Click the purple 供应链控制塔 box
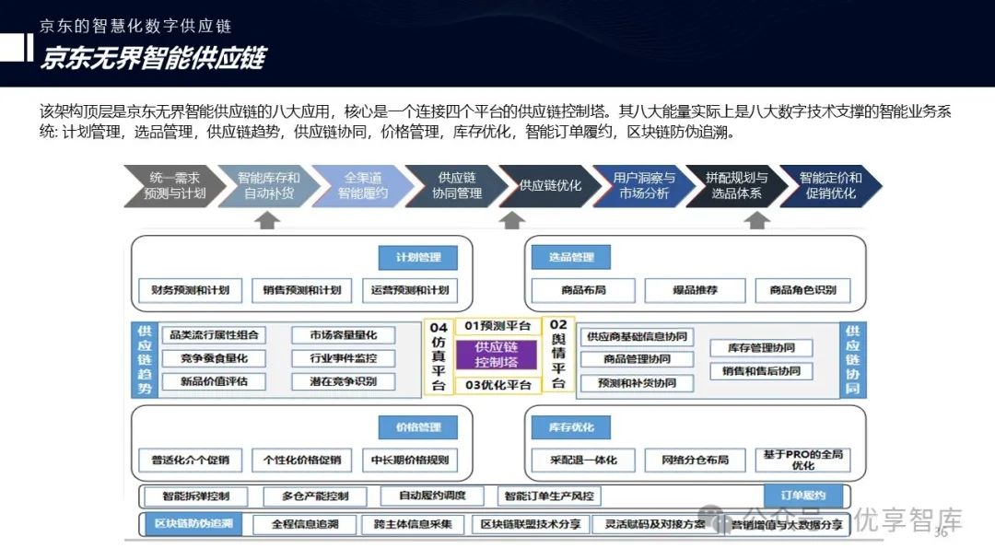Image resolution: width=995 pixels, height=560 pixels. (497, 355)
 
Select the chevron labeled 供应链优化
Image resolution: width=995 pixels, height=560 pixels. (550, 185)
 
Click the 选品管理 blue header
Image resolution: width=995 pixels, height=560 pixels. (571, 258)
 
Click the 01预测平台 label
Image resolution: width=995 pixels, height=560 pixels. (497, 326)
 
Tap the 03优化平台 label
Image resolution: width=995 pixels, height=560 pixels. (497, 385)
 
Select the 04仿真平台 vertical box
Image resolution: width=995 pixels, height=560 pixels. (439, 356)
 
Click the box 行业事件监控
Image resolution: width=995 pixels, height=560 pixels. (343, 358)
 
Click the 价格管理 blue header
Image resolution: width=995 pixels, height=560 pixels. (418, 428)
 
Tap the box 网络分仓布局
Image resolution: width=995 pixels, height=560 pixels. (695, 460)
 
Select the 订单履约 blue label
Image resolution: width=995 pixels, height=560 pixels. (803, 496)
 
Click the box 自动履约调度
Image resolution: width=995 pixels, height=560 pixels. (432, 496)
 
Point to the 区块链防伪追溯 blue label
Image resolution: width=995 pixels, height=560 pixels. (193, 525)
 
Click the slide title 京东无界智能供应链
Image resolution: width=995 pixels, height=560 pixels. (153, 58)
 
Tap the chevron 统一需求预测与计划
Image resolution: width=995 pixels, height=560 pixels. (175, 185)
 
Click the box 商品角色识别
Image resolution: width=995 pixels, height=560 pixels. (802, 290)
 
